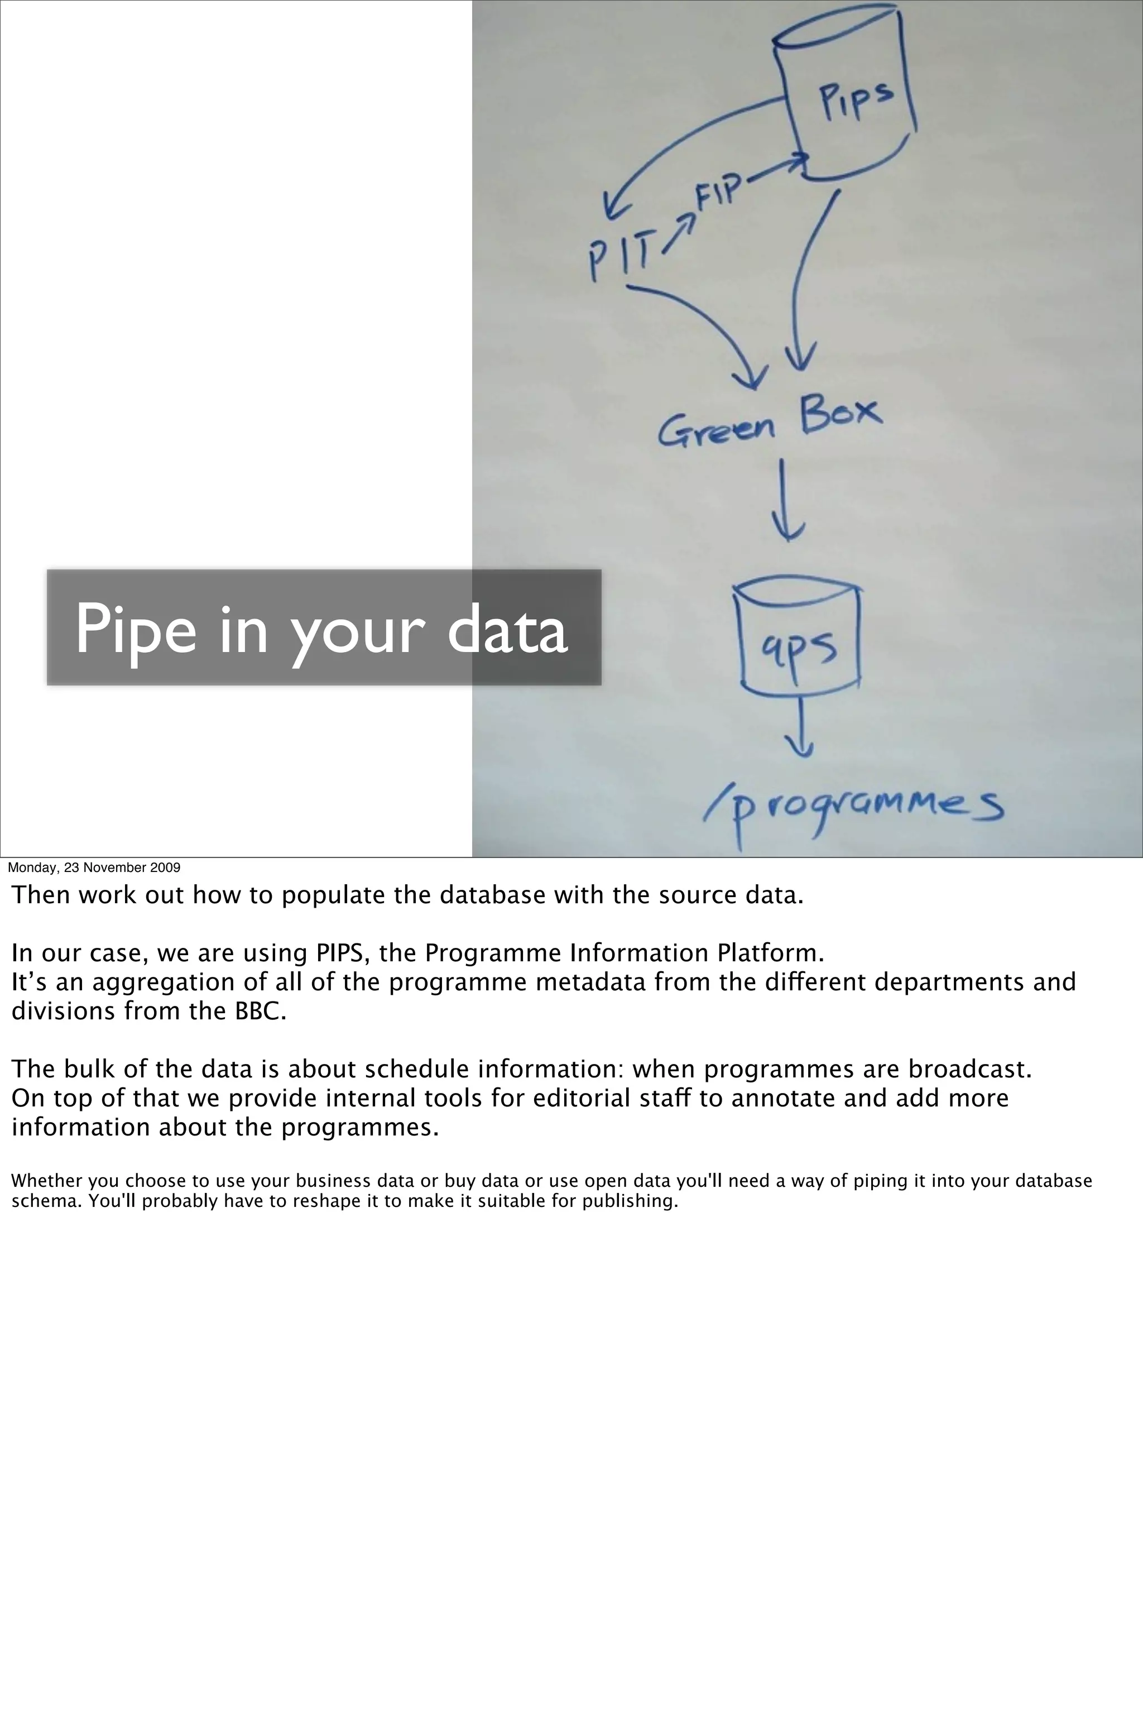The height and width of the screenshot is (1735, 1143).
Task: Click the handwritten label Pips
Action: (855, 100)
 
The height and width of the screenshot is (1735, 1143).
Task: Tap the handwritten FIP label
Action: (719, 191)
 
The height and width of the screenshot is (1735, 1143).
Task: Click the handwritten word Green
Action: (716, 429)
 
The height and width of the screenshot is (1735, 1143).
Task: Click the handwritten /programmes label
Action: (853, 809)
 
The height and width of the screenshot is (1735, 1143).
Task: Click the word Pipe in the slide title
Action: (136, 630)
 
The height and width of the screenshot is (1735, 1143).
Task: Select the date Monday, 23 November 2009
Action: (94, 867)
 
